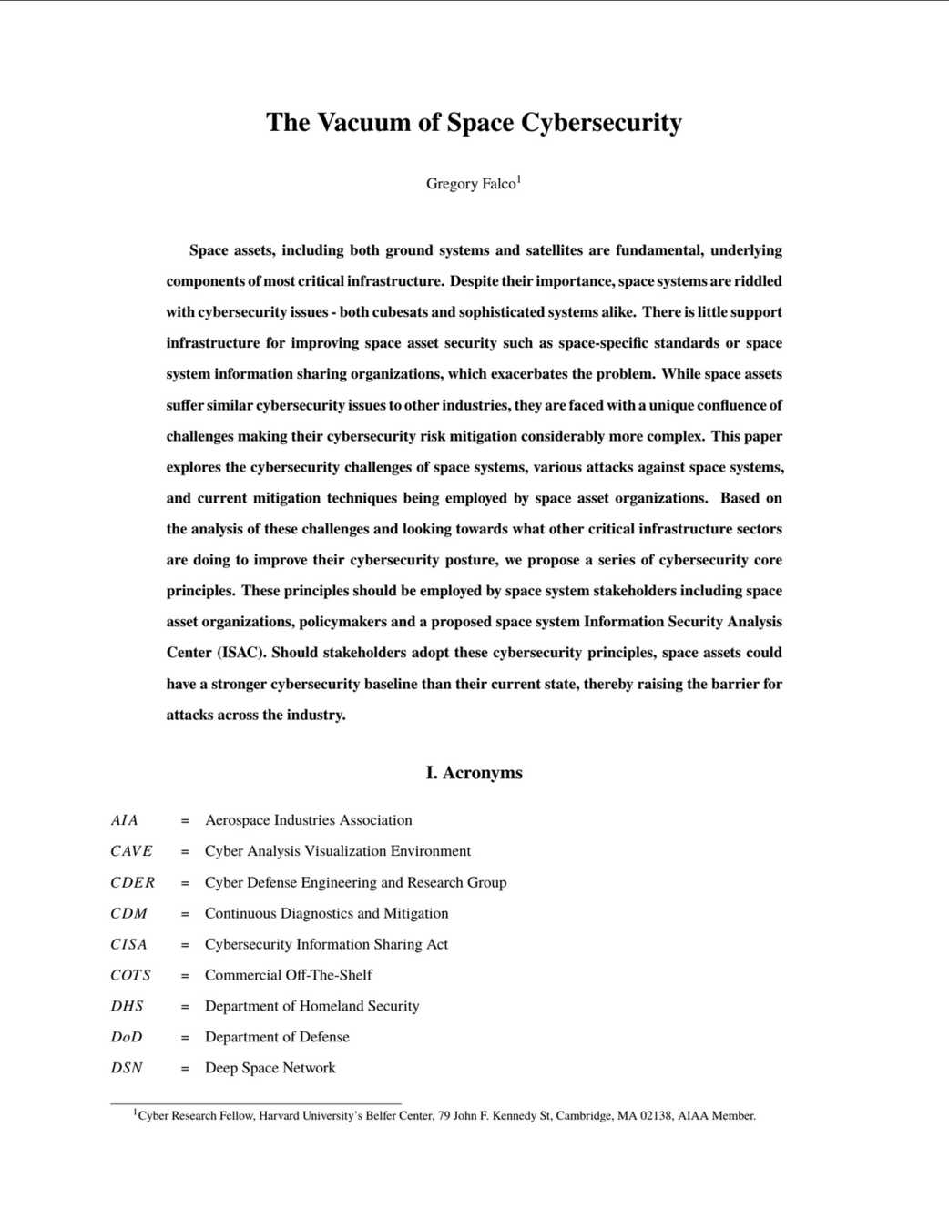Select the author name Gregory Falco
[x=470, y=184]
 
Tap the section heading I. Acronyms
[x=474, y=773]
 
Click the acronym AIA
[x=125, y=820]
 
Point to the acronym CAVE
[x=131, y=851]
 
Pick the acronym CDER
[x=133, y=882]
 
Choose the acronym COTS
[x=131, y=975]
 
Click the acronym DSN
[x=127, y=1068]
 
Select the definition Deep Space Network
[x=270, y=1068]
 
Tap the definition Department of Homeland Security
[x=311, y=1006]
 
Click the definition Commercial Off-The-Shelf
[x=288, y=975]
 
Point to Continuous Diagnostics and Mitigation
[x=326, y=913]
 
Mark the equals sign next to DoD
[x=185, y=1038]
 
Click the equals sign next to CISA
[x=185, y=945]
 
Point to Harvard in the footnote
[x=280, y=1116]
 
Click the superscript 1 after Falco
[x=519, y=179]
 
